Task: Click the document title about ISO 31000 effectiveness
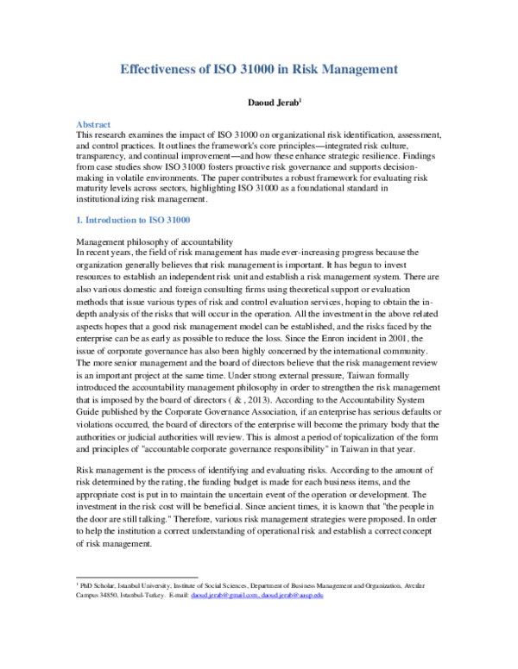(258, 68)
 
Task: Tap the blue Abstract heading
(93, 125)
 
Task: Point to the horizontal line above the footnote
(137, 577)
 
